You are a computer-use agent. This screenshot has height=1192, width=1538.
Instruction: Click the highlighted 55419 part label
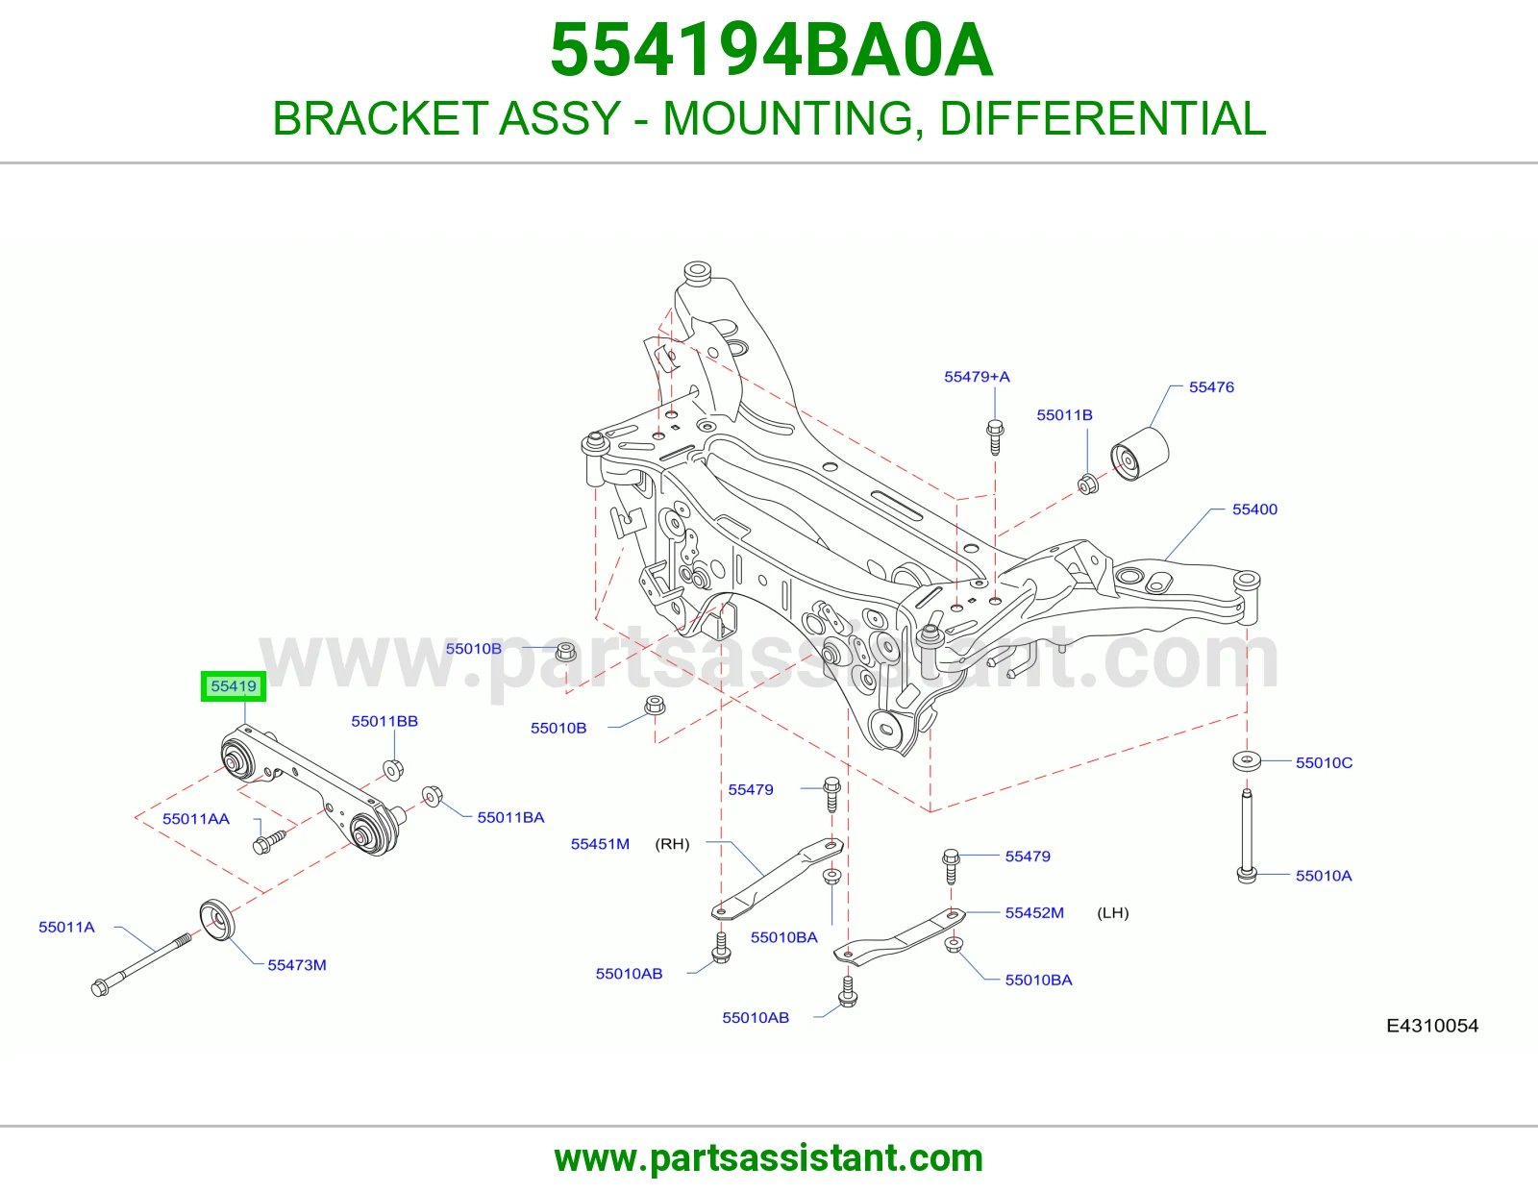(233, 686)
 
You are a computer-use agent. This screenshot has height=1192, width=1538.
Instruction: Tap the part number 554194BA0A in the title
(772, 50)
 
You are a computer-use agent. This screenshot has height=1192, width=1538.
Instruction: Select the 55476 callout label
(1211, 387)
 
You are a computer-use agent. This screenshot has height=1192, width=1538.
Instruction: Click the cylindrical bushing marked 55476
(1139, 453)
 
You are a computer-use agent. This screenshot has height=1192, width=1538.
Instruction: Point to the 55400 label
(1254, 509)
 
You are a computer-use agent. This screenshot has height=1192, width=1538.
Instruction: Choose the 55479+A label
(977, 377)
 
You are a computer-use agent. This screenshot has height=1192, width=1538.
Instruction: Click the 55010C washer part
(1247, 761)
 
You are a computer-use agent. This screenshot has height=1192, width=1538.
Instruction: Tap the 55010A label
(1324, 876)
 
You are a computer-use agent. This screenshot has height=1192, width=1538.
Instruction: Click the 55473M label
(297, 965)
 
